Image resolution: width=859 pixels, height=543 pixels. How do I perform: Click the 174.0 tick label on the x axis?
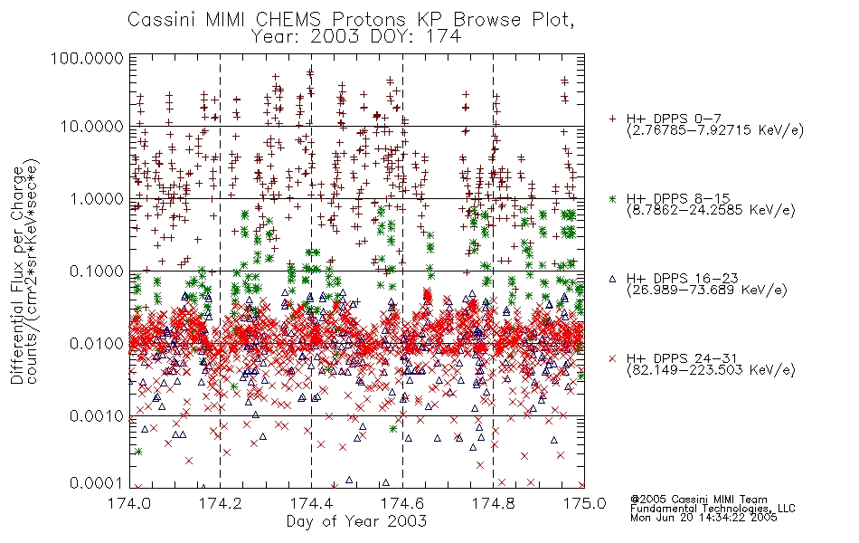[129, 503]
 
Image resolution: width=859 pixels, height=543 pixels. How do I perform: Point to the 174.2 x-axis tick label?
[221, 503]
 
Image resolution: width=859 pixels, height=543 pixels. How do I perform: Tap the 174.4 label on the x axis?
[312, 503]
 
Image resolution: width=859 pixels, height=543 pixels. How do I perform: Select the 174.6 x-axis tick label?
[402, 503]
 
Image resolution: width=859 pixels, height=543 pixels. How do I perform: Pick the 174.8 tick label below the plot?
[494, 503]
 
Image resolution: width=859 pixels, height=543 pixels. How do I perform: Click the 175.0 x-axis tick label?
[584, 503]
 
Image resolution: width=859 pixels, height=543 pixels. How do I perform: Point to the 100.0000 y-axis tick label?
[88, 58]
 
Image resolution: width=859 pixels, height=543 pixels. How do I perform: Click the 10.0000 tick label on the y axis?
[92, 127]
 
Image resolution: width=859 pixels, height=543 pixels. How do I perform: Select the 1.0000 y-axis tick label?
[97, 198]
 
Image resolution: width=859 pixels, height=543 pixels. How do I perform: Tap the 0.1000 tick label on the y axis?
[97, 271]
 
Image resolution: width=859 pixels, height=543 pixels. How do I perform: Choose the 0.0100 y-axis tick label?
[97, 344]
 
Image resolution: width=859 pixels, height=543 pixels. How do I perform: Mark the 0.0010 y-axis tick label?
[97, 416]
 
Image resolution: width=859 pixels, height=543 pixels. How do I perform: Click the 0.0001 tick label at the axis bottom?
[97, 482]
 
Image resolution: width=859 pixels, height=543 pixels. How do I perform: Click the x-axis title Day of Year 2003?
[356, 521]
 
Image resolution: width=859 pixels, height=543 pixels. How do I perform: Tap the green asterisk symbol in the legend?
[612, 199]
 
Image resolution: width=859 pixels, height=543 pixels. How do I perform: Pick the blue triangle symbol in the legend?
[612, 279]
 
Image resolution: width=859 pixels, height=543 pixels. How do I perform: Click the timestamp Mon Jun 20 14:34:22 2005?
[703, 517]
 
